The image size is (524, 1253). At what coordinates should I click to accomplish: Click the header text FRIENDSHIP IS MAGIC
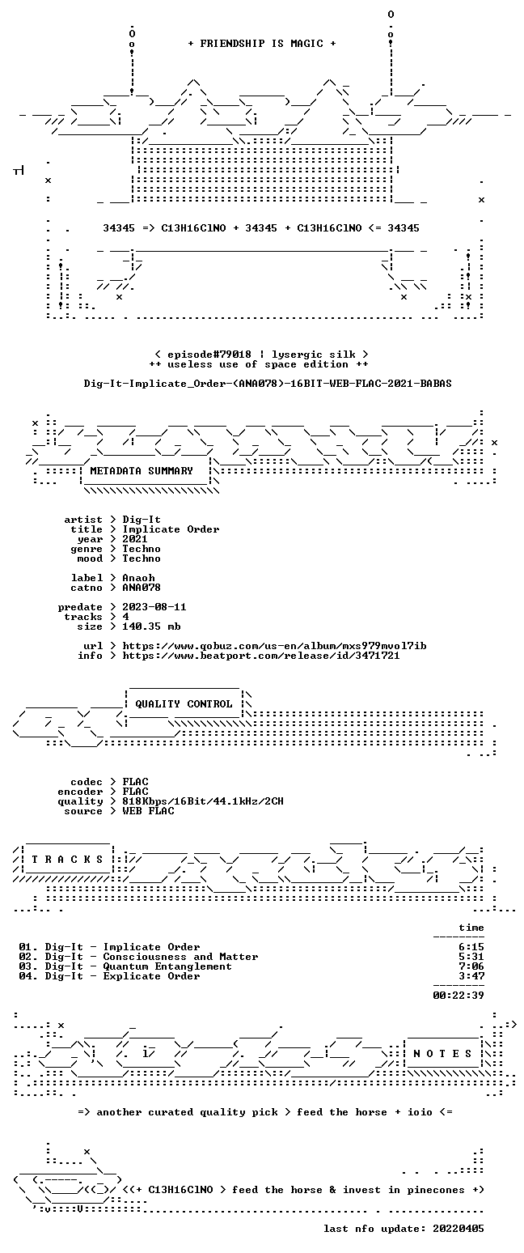click(262, 44)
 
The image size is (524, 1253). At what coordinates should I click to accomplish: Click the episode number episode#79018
click(209, 355)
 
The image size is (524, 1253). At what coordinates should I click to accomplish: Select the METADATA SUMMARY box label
click(142, 471)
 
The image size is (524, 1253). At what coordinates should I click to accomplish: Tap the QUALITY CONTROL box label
click(184, 704)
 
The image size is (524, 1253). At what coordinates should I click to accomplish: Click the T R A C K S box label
click(67, 860)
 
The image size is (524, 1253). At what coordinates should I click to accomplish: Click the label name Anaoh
click(138, 578)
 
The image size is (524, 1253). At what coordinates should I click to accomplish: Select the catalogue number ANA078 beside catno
click(142, 588)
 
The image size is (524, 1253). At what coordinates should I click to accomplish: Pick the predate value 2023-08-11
click(154, 607)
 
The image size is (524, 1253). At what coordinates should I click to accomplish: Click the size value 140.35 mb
click(151, 626)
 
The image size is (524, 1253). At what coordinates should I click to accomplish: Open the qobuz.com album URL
click(274, 646)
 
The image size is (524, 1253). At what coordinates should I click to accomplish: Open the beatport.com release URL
click(261, 656)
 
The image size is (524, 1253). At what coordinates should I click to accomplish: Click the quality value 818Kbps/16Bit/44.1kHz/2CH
click(203, 801)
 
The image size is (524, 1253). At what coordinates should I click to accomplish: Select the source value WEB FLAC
click(148, 811)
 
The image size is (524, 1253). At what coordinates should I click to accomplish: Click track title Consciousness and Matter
click(180, 957)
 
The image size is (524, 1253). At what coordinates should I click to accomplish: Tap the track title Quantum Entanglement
click(167, 966)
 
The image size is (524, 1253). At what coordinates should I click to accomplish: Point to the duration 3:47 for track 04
click(471, 976)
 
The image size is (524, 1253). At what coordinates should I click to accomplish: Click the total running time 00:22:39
click(458, 996)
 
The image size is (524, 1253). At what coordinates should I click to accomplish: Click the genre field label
click(87, 549)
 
